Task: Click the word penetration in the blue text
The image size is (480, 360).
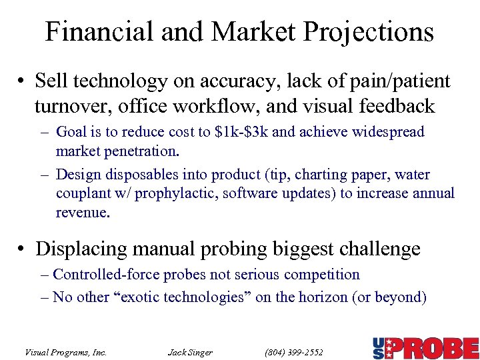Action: pyautogui.click(x=141, y=151)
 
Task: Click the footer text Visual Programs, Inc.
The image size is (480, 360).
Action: pyautogui.click(x=65, y=352)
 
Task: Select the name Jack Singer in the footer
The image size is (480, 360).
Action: pyautogui.click(x=190, y=352)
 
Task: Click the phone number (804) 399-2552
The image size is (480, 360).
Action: pyautogui.click(x=294, y=352)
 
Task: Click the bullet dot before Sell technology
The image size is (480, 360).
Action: pyautogui.click(x=23, y=83)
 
